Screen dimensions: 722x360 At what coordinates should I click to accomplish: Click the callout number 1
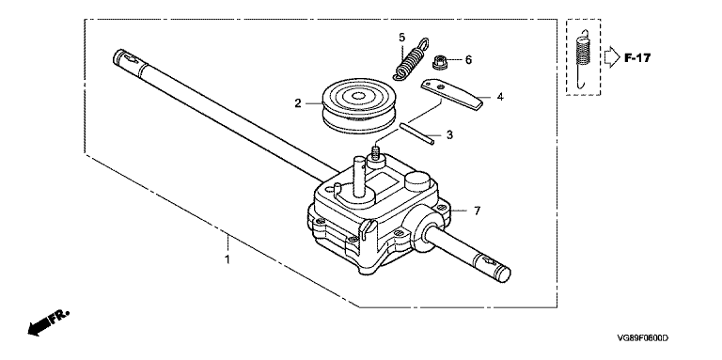pos(227,259)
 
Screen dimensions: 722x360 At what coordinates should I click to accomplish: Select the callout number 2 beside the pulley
pos(298,103)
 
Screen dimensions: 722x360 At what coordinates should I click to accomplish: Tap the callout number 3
pos(450,135)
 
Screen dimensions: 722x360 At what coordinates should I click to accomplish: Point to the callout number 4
pos(500,97)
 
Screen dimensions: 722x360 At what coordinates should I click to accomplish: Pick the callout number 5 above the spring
pos(402,37)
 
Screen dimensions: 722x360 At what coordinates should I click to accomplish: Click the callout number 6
pos(468,60)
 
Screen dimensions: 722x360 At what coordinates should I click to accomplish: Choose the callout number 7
pos(477,211)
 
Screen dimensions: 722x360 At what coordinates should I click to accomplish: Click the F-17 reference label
pos(637,58)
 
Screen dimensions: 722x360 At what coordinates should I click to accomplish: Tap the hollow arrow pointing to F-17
pos(612,57)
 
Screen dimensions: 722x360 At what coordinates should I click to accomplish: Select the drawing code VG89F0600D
pos(643,338)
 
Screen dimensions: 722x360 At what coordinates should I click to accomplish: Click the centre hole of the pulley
pos(357,97)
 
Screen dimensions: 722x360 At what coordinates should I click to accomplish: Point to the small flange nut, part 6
pos(440,62)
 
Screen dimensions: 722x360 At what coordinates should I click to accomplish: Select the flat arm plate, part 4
pos(452,93)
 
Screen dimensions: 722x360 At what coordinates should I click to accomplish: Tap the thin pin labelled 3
pos(416,133)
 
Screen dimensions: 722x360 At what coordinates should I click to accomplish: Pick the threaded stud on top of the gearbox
pos(377,154)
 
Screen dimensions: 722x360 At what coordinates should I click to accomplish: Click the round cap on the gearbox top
pos(418,180)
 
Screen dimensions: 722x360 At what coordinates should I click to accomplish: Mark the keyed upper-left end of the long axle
pos(127,58)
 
